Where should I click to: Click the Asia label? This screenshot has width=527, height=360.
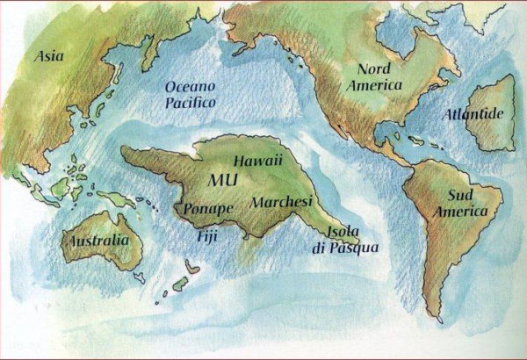click(50, 56)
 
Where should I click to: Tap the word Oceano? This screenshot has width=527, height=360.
click(191, 87)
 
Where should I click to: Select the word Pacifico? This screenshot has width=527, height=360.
click(190, 102)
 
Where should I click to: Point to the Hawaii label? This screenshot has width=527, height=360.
click(257, 162)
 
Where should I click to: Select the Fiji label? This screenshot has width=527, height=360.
click(206, 235)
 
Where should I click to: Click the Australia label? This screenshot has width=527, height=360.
click(95, 240)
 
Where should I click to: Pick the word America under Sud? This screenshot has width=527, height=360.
click(466, 212)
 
